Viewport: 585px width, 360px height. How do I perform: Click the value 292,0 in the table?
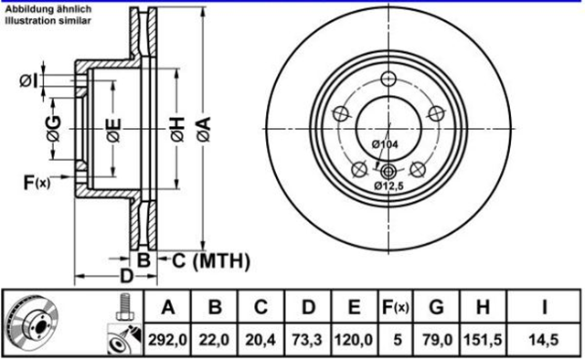pos(167,340)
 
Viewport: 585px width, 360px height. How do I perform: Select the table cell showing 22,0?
pos(214,340)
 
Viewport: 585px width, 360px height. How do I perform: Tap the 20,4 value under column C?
pos(261,340)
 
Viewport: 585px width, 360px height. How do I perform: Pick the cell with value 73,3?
pos(307,340)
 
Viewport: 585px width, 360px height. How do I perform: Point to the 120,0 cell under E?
pos(354,340)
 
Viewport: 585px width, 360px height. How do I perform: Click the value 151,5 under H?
pos(483,340)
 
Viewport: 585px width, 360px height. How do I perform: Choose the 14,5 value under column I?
pos(544,340)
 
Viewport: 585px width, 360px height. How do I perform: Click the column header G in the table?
pos(437,307)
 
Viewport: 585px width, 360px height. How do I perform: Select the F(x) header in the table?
pos(396,307)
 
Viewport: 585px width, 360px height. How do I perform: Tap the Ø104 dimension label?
pos(385,144)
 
